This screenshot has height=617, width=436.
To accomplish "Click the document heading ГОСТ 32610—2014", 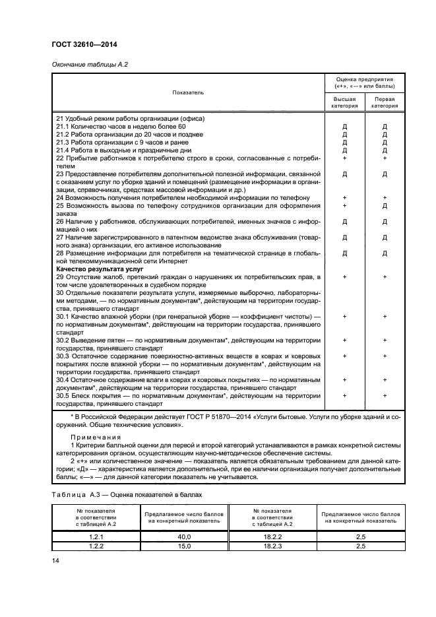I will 80,45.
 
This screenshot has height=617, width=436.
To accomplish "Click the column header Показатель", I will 188,92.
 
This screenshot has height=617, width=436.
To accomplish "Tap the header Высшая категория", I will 345,102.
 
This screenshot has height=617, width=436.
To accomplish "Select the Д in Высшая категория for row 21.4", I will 345,150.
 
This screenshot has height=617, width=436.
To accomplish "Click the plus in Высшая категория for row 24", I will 345,198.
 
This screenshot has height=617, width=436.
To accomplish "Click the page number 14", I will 55,562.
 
